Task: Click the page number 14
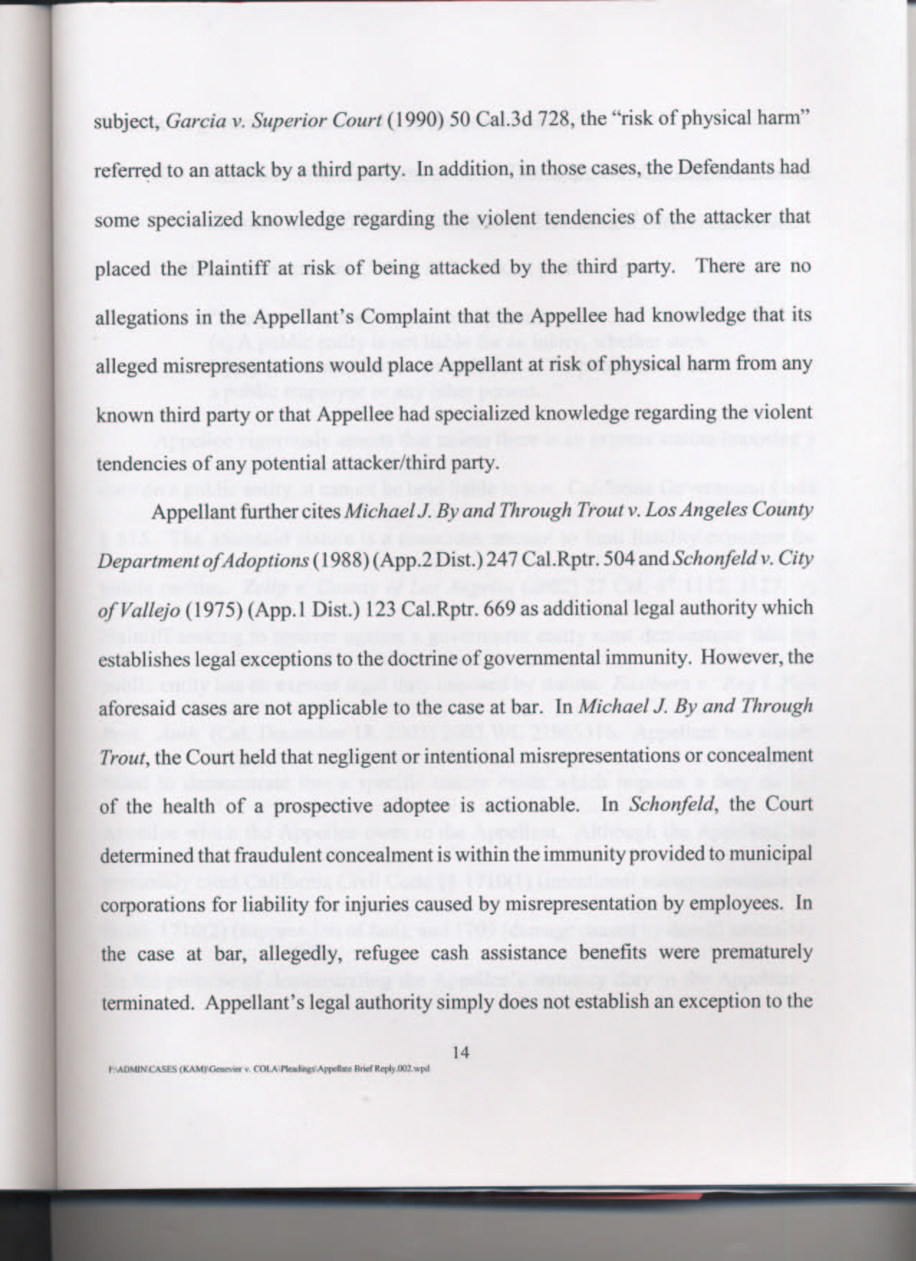tap(461, 1052)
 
